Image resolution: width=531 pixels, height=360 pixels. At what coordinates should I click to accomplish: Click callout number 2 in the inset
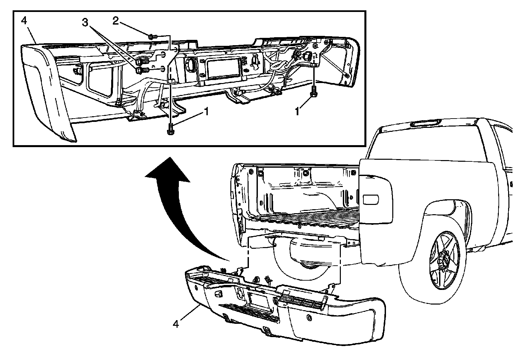(x=115, y=21)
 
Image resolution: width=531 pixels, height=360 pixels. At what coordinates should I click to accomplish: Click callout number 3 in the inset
(x=85, y=23)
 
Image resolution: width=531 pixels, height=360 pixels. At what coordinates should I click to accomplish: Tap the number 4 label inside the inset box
(x=24, y=21)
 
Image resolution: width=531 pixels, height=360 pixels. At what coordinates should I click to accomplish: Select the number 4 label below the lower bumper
(x=176, y=323)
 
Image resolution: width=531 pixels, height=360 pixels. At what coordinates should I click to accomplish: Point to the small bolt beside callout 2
(x=152, y=37)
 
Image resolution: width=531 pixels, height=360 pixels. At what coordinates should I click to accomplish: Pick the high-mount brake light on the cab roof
(x=425, y=123)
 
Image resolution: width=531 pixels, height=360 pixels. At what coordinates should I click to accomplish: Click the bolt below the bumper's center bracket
(x=171, y=129)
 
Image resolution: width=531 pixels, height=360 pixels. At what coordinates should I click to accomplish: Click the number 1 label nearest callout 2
(x=206, y=112)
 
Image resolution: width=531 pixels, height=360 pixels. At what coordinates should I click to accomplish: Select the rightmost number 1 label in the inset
(x=297, y=112)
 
